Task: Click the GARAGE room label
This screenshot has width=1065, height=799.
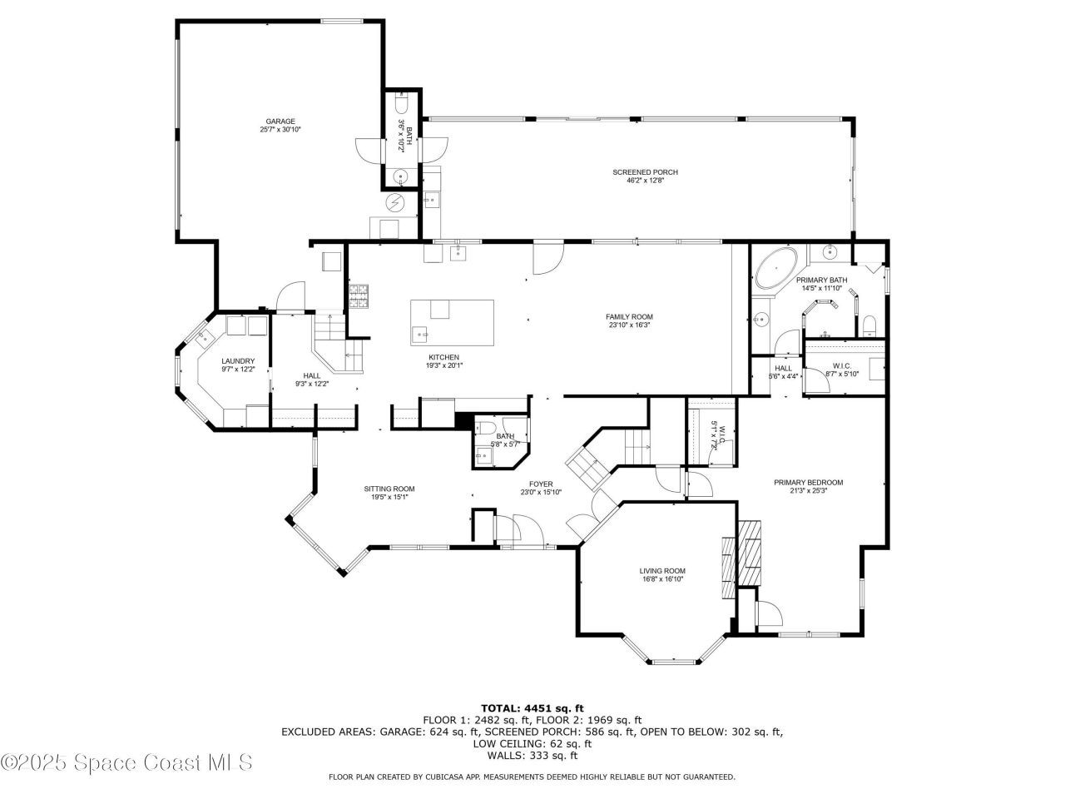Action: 280,122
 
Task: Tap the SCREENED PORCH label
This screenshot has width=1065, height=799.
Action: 645,172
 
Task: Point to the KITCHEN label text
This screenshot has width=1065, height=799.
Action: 443,357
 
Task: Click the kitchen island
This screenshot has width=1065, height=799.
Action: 452,322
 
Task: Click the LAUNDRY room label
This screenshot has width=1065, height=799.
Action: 238,361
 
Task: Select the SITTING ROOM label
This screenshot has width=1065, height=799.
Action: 389,489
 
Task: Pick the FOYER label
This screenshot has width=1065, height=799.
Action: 541,484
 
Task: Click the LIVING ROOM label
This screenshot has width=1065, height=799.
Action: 662,571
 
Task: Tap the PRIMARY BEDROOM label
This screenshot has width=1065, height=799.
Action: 808,483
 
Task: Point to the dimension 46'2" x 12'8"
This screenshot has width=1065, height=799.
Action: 645,181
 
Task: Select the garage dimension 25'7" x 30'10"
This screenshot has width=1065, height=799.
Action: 280,130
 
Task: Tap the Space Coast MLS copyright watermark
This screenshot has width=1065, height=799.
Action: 126,762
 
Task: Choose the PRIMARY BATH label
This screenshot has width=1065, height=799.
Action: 821,280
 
